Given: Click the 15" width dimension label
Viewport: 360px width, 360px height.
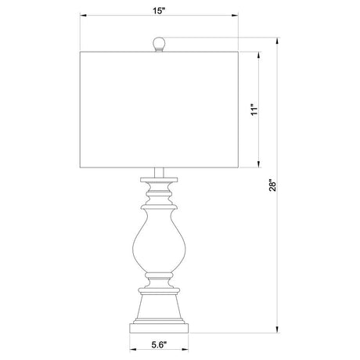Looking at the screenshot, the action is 159,11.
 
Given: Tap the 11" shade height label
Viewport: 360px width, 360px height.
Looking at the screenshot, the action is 254,110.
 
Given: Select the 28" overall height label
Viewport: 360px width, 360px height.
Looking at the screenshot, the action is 272,185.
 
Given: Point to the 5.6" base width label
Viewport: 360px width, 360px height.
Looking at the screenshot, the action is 159,345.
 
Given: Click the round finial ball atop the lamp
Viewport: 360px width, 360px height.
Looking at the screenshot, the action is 159,43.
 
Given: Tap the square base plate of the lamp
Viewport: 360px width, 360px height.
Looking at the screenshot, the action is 159,328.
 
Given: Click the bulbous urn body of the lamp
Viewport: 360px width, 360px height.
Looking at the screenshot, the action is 159,240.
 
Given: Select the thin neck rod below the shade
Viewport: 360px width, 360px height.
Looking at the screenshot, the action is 159,172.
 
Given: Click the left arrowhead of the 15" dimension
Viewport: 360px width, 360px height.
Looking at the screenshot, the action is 83,16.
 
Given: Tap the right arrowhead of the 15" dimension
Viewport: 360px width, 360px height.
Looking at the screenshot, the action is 235,16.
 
